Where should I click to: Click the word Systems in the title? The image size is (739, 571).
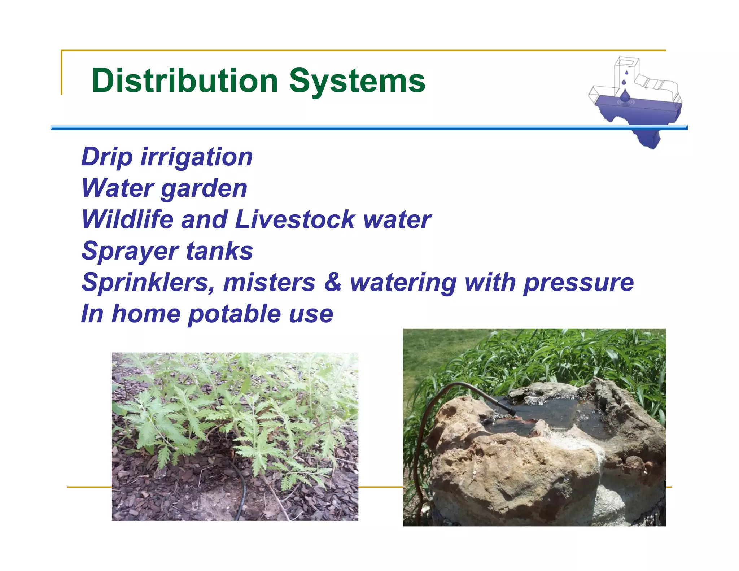[x=357, y=81]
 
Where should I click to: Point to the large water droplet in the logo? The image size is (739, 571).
[x=625, y=96]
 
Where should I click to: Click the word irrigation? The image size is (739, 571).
[x=197, y=157]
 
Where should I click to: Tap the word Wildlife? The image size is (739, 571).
[x=127, y=219]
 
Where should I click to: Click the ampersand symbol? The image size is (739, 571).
[x=333, y=282]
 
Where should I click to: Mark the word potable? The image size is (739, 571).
[x=234, y=314]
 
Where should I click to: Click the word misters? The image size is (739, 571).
[x=269, y=282]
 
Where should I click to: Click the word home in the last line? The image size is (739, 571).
[x=146, y=314]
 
